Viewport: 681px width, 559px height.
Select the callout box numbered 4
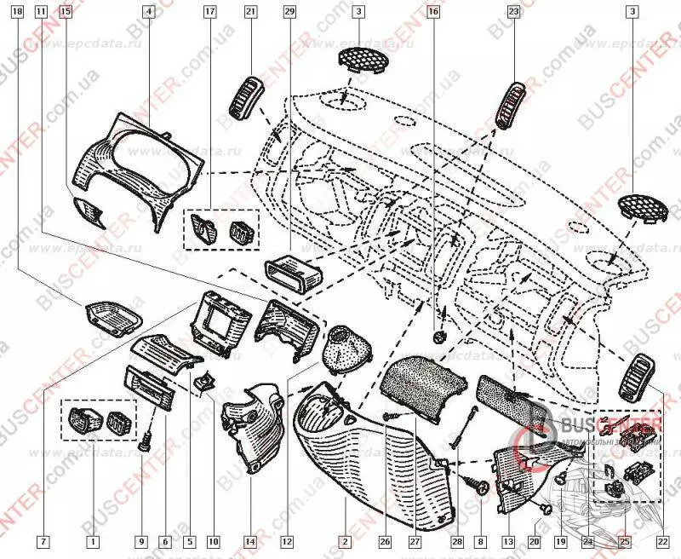[149, 13]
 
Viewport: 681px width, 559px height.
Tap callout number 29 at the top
[289, 13]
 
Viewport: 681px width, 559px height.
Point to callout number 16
[434, 13]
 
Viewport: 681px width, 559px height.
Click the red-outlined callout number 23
[513, 13]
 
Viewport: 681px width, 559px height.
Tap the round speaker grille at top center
[362, 62]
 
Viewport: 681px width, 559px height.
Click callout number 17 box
[210, 13]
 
